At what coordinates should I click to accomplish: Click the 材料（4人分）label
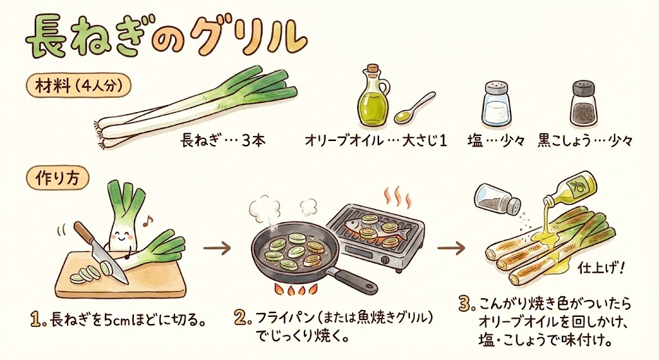tap(79, 87)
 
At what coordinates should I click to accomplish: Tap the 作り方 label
tap(57, 179)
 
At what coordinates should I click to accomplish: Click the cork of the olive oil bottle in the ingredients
tap(373, 69)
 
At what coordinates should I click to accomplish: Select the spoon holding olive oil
tap(414, 108)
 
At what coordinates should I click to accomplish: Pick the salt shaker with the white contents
tap(496, 104)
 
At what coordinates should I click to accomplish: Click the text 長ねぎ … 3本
tap(223, 140)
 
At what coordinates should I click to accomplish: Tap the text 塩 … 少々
tap(496, 140)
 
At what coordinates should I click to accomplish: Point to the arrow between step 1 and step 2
tap(217, 248)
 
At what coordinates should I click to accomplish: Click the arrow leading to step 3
tap(451, 248)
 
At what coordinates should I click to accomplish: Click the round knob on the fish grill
tap(385, 260)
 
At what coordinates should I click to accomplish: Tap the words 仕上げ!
tap(602, 267)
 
